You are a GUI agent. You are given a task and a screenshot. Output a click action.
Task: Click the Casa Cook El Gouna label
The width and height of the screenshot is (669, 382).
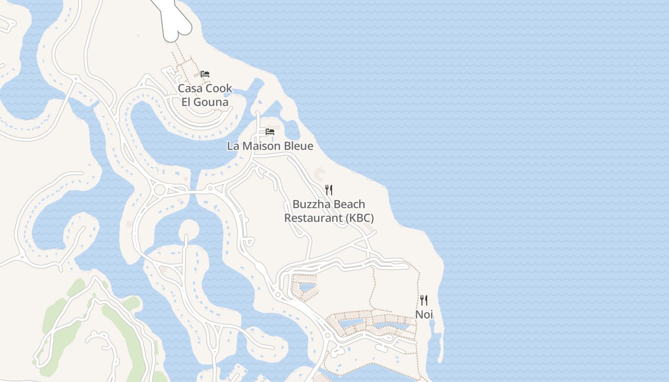pos(205,95)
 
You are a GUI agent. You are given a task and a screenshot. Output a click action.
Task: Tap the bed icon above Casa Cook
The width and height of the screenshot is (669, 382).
pos(205,74)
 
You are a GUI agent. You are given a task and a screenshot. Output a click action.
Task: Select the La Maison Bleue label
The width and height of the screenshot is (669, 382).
pos(270,146)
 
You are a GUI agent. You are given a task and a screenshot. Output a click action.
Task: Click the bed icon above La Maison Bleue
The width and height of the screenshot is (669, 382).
pos(270,131)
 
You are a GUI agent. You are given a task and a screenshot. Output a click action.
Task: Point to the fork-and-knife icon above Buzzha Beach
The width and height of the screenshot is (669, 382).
pos(329,190)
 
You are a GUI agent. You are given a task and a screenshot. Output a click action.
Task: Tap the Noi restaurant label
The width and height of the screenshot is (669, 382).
pos(424,314)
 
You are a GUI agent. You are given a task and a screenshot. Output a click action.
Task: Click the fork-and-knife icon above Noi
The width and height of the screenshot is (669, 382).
pos(424,300)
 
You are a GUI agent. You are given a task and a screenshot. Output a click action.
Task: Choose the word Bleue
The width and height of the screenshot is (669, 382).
pos(298,146)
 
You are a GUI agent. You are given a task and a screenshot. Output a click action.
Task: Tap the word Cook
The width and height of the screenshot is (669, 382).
pos(219,88)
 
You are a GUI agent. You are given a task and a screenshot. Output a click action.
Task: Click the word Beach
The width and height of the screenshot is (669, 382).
pos(349,204)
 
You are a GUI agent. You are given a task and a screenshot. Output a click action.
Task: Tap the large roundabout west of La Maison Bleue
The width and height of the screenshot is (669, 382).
pos(160,190)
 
